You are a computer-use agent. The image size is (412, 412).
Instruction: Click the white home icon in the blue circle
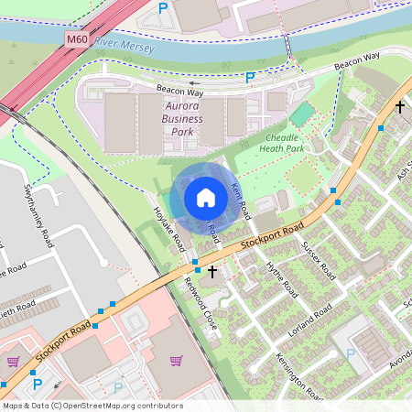[206, 197]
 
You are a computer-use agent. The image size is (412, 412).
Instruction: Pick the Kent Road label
[240, 201]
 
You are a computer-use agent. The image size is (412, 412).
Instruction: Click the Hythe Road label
[282, 276]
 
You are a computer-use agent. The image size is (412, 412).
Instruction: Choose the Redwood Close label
[201, 303]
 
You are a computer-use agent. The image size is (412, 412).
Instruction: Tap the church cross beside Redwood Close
[212, 271]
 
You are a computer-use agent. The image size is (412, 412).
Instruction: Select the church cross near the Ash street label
[399, 106]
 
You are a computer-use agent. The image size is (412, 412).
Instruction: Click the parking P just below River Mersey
[249, 79]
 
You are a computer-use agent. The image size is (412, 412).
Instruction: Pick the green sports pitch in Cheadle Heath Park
[300, 115]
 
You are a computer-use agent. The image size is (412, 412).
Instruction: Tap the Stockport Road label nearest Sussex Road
[271, 237]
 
